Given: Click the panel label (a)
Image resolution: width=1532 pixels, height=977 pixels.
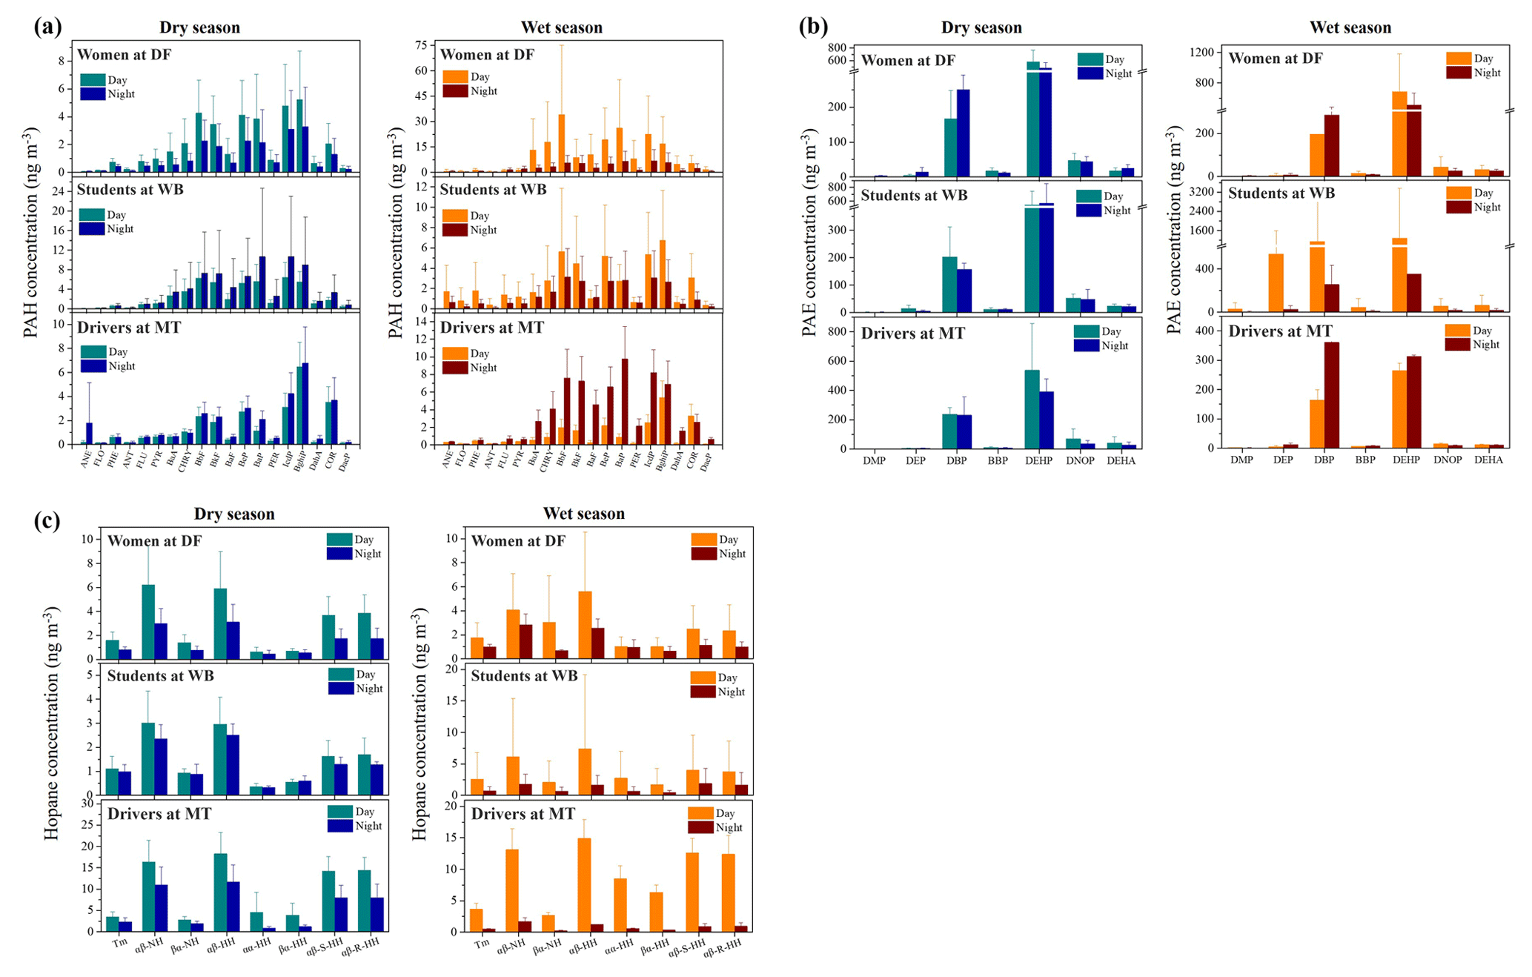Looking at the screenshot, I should tap(47, 27).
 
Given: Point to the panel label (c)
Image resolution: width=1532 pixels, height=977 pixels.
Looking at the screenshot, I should tap(47, 520).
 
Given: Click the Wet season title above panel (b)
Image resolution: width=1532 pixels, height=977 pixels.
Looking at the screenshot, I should tap(1350, 27).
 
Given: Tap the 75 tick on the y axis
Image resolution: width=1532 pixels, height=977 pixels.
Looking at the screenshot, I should tap(422, 45).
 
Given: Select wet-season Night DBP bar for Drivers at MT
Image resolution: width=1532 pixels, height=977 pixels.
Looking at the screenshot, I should tap(1331, 394).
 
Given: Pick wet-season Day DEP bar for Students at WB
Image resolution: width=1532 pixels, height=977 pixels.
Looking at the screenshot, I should tap(1276, 282).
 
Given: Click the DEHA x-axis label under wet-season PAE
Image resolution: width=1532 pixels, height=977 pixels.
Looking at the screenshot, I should tap(1488, 460).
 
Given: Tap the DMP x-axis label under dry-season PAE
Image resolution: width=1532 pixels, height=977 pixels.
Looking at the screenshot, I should tap(874, 460).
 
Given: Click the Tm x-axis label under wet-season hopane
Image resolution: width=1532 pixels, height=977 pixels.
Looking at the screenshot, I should tap(482, 944).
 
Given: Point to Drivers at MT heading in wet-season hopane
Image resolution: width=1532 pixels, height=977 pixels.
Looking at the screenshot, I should tap(523, 814).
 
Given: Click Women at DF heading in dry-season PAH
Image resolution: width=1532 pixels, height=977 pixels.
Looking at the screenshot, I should tap(124, 55).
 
